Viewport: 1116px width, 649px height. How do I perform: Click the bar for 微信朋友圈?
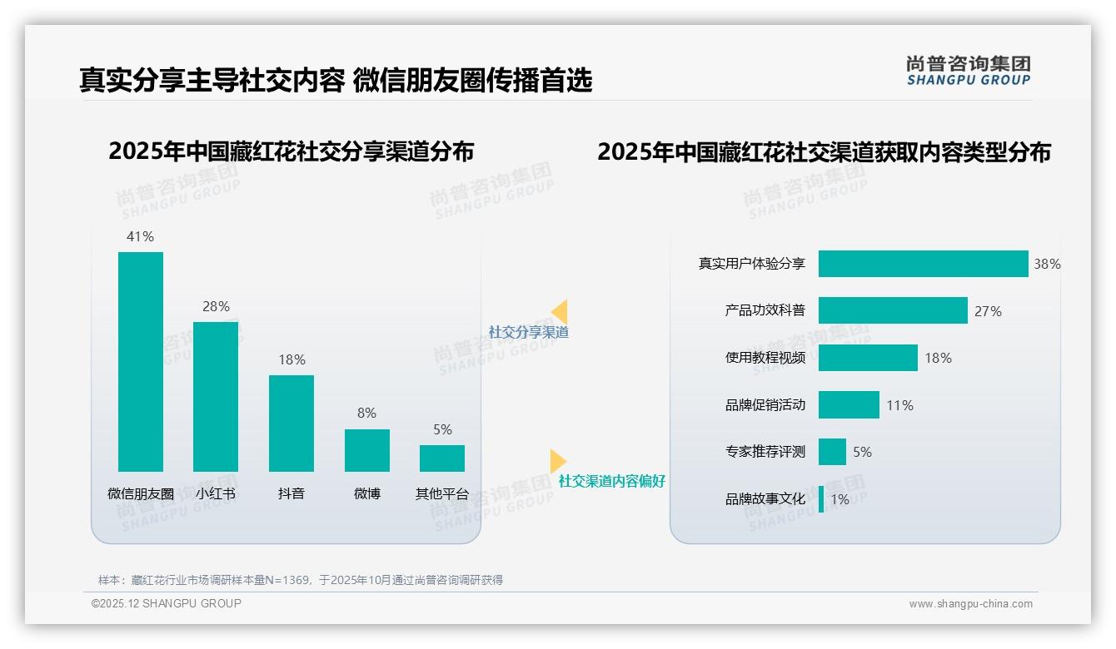(141, 362)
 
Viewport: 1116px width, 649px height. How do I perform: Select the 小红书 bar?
(216, 397)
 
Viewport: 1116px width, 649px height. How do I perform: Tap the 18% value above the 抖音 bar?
(291, 360)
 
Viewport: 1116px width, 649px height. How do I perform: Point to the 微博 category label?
(367, 493)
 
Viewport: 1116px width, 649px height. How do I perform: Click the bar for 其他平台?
(442, 458)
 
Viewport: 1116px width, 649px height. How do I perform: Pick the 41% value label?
(140, 236)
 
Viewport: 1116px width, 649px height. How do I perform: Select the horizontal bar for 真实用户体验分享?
(923, 264)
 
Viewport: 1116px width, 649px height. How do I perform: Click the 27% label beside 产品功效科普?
(988, 311)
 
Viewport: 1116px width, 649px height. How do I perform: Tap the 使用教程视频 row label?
(765, 358)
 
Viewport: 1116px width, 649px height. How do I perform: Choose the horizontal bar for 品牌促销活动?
(849, 405)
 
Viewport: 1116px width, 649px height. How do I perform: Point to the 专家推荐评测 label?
(765, 452)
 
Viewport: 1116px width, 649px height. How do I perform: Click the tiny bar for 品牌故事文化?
(821, 499)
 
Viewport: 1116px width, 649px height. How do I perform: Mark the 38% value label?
(1047, 264)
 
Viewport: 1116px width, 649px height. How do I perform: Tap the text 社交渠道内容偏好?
(612, 481)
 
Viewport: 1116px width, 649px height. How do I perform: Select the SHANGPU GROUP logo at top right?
(969, 71)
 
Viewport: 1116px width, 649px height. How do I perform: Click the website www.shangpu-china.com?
(970, 604)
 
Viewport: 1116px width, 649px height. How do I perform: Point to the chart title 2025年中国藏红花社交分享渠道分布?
(291, 151)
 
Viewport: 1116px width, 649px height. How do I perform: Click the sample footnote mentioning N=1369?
(301, 580)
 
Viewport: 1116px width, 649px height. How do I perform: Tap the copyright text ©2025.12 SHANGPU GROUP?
(167, 603)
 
